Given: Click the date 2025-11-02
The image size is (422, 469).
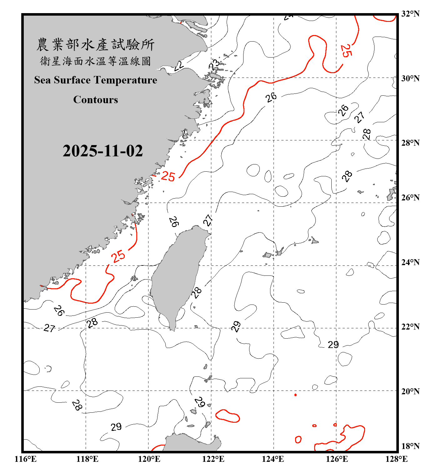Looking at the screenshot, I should point(103,151).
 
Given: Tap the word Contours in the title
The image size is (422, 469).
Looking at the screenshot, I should point(96,100).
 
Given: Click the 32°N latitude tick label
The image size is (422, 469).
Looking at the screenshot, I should point(410,14).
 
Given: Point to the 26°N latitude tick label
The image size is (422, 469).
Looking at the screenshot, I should point(410,198).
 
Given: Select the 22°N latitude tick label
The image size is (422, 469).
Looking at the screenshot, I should point(410,327).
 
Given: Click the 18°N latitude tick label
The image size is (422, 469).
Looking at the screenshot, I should point(410,446).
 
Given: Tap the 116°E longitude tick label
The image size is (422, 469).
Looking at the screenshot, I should point(25,459).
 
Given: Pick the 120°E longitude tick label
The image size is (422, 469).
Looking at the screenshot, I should point(149,459).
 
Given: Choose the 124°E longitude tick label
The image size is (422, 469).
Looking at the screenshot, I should point(273,459).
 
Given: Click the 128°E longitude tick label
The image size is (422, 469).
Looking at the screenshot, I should point(396,459).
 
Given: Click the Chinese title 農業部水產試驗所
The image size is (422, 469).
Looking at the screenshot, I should point(95,44).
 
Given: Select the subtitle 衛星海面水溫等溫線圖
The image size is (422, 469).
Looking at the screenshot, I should point(95,61).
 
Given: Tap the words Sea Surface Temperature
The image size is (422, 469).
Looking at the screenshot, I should point(96,80).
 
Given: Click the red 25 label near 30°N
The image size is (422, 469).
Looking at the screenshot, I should point(346,51).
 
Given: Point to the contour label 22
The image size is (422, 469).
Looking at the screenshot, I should point(179,66).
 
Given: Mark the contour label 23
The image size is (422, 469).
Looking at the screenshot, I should point(214,64).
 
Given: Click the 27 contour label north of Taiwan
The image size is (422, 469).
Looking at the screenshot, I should point(208,220).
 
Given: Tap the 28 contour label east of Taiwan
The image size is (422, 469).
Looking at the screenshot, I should point(196,293).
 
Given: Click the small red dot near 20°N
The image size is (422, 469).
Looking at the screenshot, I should point(295,395).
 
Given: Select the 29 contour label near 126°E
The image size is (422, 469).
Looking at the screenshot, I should point(333,345).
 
